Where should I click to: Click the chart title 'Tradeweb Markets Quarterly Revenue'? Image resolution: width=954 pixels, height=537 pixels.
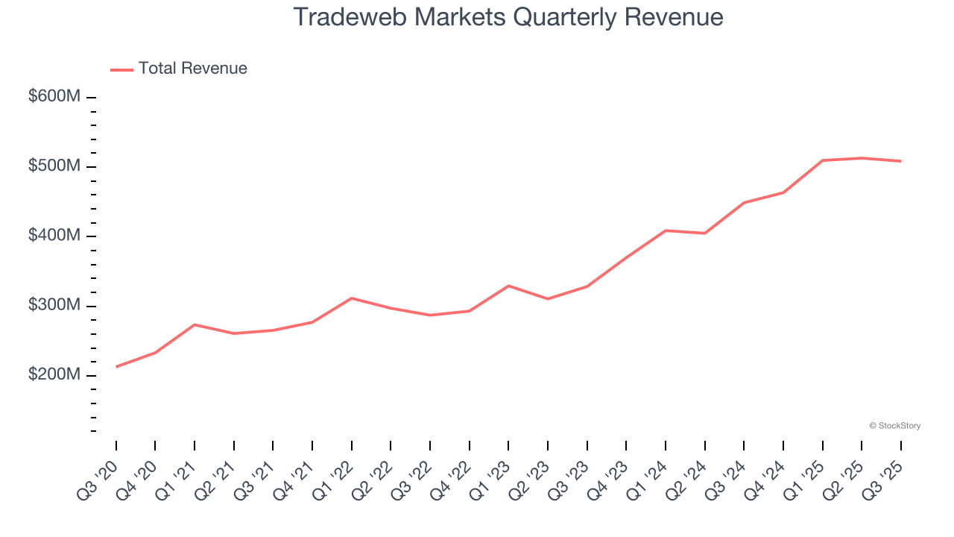(508, 16)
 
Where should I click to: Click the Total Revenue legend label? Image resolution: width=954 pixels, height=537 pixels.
(192, 69)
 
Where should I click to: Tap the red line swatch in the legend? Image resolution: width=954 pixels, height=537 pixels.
(121, 69)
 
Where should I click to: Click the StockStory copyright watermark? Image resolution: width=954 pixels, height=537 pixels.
(894, 426)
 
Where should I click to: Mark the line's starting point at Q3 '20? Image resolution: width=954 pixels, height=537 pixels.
(116, 366)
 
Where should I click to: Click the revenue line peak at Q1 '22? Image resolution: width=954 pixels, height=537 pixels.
(352, 298)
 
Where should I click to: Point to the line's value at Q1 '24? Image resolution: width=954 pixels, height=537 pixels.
(666, 230)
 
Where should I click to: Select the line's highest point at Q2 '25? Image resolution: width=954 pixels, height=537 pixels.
(862, 158)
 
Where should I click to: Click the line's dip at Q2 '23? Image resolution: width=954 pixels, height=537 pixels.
(548, 299)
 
